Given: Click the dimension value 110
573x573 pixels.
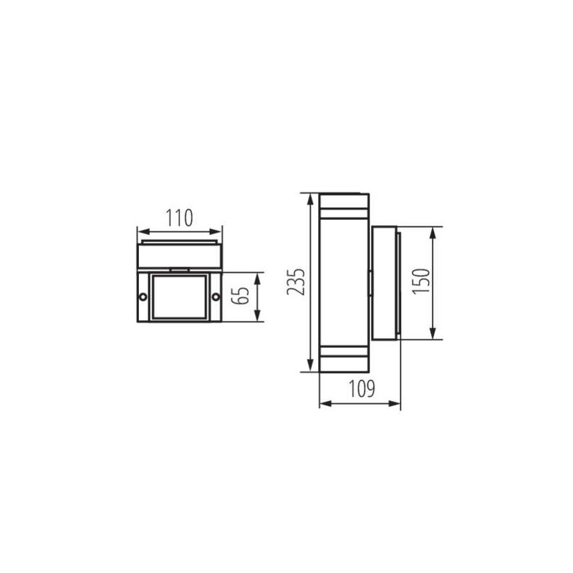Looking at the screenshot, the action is click(x=179, y=218).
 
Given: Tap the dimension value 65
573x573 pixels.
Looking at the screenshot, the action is click(x=241, y=295).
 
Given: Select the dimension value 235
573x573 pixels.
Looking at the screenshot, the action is click(x=296, y=281).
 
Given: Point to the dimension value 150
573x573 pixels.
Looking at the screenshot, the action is click(x=421, y=281).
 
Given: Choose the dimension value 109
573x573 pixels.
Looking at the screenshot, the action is click(x=362, y=388).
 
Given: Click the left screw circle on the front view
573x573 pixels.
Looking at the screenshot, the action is click(x=143, y=297).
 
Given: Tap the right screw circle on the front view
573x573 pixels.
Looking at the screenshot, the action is click(x=216, y=297).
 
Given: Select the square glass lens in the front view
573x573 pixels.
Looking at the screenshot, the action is click(x=180, y=297).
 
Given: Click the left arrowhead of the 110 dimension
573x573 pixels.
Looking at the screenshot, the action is click(x=144, y=231).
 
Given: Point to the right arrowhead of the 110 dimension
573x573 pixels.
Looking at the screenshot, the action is click(x=216, y=231).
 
